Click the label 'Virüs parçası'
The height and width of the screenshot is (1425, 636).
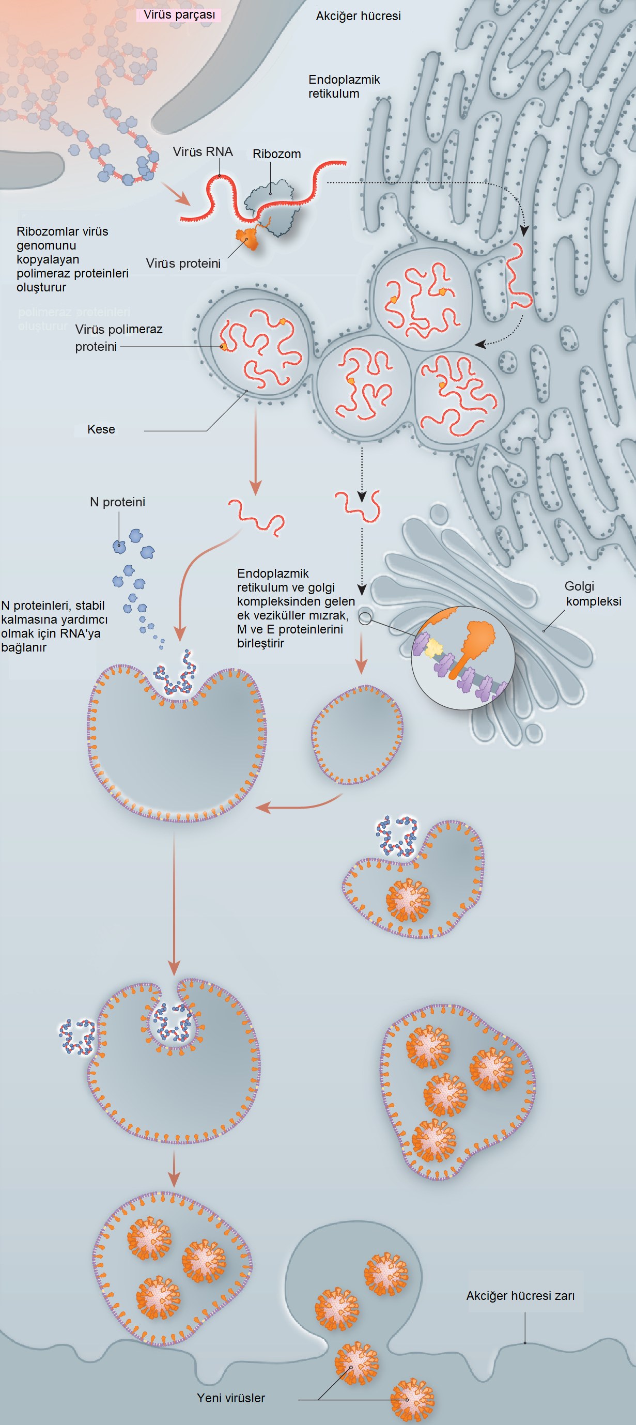coord(179,15)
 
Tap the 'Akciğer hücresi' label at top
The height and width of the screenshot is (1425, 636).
coord(358,16)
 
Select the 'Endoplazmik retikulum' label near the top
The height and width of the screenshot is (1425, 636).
coord(344,86)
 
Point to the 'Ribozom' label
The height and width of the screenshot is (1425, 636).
coord(276,154)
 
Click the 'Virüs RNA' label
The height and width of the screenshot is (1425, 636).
coord(203,151)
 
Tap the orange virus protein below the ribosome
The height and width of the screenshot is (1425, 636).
coord(249,238)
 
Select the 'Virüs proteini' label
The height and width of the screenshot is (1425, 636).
coord(183,264)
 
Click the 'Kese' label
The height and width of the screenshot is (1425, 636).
coord(101,429)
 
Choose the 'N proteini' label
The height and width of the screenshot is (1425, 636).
coord(117,502)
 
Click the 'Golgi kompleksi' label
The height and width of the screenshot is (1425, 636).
coord(592,594)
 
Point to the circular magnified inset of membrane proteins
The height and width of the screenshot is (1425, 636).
coord(463,658)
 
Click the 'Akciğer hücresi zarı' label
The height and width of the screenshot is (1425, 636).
coord(520,1295)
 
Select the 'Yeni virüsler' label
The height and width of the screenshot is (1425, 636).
coord(230,1398)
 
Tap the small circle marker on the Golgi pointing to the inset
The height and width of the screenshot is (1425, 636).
coord(365,618)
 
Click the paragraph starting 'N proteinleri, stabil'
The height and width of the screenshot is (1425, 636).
coord(54,626)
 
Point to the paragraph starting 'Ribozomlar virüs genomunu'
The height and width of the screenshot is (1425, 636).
coord(72,259)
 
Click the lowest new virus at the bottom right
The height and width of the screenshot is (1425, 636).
coord(412,1400)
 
